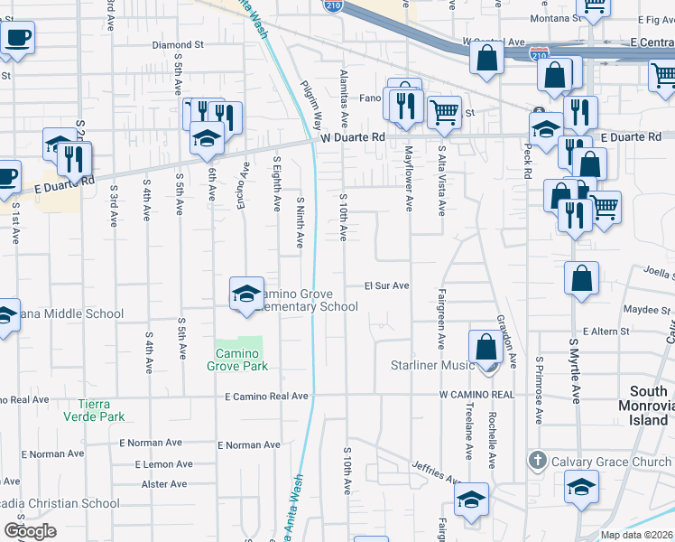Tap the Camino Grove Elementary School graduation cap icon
(x=246, y=294)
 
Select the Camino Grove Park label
(x=240, y=359)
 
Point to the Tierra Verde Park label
(x=94, y=409)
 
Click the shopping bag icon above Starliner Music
(x=485, y=347)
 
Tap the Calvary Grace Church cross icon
(x=538, y=461)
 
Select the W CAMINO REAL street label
(x=476, y=395)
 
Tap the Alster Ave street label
(x=164, y=484)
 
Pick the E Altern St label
(x=606, y=332)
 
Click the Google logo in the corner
(x=30, y=530)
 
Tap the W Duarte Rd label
(x=353, y=137)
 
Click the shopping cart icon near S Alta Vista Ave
(x=444, y=112)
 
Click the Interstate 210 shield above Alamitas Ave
(x=333, y=6)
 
